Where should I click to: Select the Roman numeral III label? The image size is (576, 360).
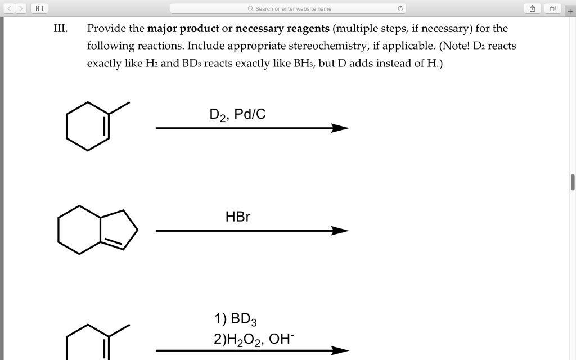(60, 29)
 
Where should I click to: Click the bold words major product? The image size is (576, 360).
(183, 29)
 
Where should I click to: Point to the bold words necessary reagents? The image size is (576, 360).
(282, 29)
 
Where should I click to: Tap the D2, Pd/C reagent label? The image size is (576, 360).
(237, 115)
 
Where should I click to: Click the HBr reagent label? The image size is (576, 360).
(237, 217)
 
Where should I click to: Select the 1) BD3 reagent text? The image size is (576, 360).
(235, 319)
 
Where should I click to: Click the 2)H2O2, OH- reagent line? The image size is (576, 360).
(253, 339)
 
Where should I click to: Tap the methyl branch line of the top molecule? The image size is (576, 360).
(119, 108)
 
